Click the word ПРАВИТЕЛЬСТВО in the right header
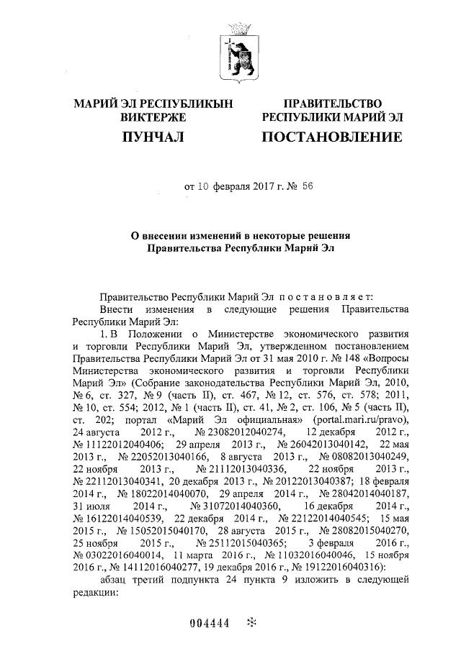tap(332, 104)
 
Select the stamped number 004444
tap(209, 624)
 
